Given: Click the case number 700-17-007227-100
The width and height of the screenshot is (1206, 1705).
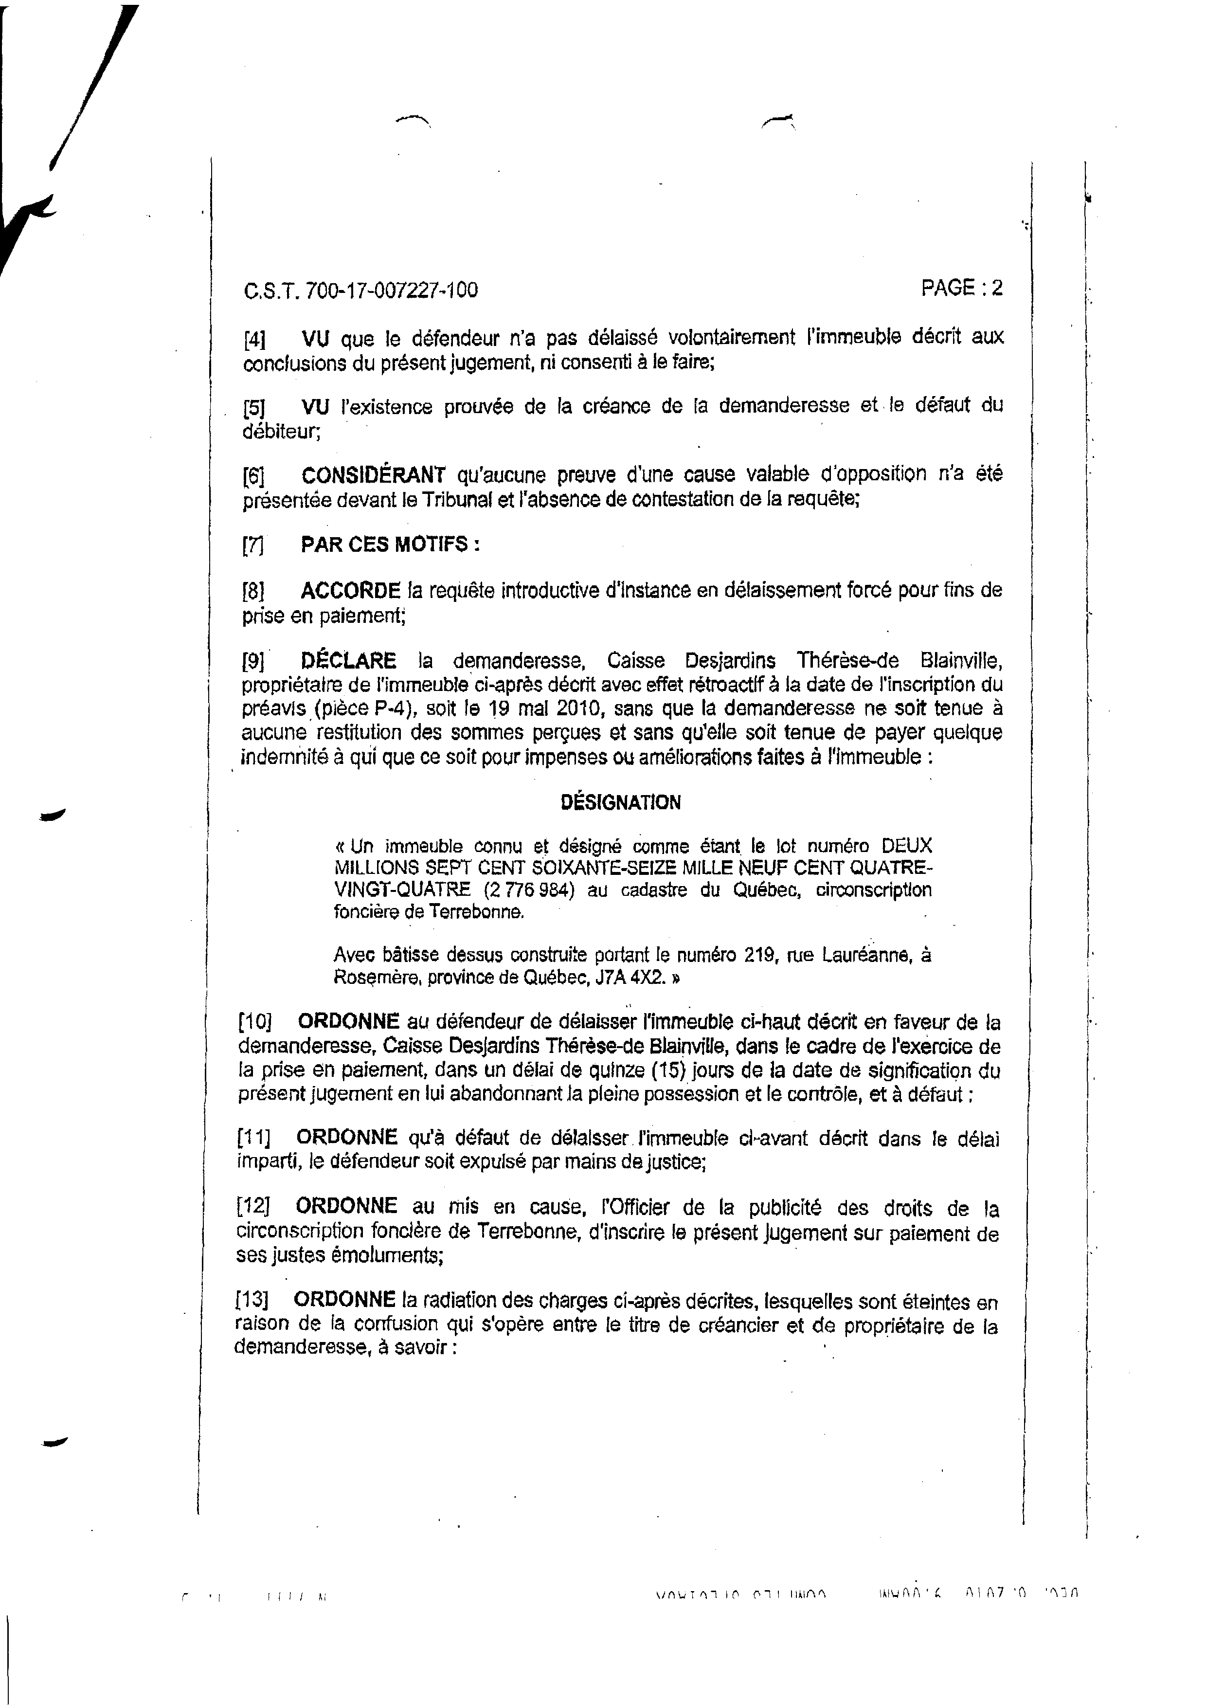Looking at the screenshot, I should (391, 290).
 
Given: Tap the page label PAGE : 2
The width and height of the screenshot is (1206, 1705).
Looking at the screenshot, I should (962, 288).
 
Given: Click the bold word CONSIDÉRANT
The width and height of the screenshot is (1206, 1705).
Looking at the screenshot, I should (373, 474).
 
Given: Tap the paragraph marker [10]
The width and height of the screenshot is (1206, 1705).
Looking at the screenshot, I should (255, 1022).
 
